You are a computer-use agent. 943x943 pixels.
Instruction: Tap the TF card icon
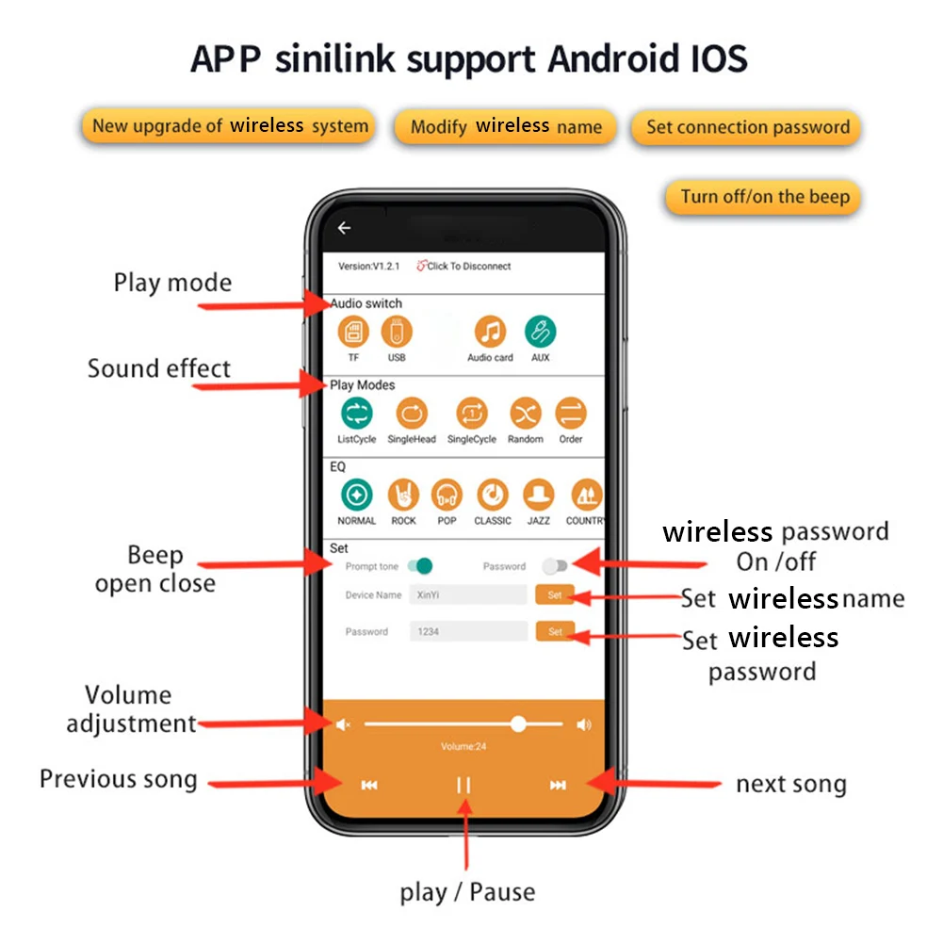click(353, 332)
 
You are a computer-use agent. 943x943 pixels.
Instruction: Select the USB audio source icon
click(397, 332)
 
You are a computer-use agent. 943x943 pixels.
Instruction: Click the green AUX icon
click(540, 332)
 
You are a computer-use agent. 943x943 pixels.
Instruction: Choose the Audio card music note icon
click(490, 332)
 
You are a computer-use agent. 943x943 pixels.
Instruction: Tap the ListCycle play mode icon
click(356, 413)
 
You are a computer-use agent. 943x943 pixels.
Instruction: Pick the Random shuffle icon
click(525, 413)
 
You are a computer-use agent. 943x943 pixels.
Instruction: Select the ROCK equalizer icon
click(403, 495)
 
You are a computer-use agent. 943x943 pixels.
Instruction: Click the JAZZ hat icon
click(538, 495)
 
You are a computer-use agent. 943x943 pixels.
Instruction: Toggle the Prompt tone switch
click(420, 566)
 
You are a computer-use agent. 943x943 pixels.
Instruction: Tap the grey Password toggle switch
click(555, 566)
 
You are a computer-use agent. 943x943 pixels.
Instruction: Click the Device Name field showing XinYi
click(468, 594)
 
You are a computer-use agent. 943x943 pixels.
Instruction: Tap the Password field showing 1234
click(468, 631)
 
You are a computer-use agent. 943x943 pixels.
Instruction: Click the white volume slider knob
click(518, 724)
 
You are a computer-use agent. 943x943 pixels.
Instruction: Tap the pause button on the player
click(463, 785)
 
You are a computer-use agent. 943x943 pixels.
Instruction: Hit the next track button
click(558, 785)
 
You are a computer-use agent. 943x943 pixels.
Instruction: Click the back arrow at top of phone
click(344, 228)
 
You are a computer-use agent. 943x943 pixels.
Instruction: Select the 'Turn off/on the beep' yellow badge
click(764, 197)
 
